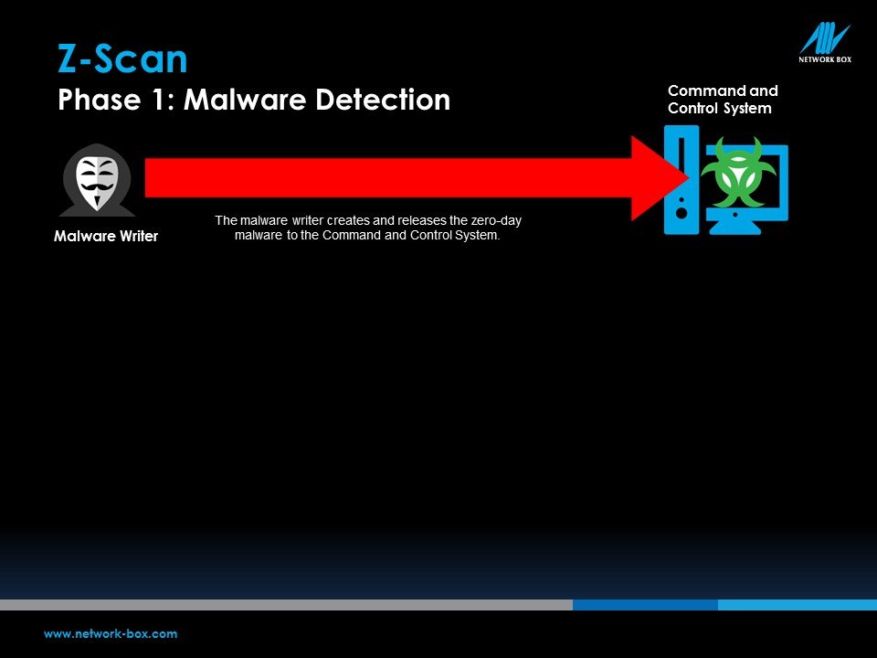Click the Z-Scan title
point(122,58)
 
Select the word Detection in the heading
point(383,100)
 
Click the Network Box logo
point(825,43)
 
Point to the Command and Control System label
point(723,100)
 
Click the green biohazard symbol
point(738,171)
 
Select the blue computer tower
point(682,180)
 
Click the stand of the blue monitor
point(734,226)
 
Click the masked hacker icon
point(97,180)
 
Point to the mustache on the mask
point(96,186)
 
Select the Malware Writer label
point(106,236)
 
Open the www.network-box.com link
point(111,634)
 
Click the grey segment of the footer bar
point(286,605)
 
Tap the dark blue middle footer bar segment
point(646,605)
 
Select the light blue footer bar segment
point(798,605)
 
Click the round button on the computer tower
point(682,213)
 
